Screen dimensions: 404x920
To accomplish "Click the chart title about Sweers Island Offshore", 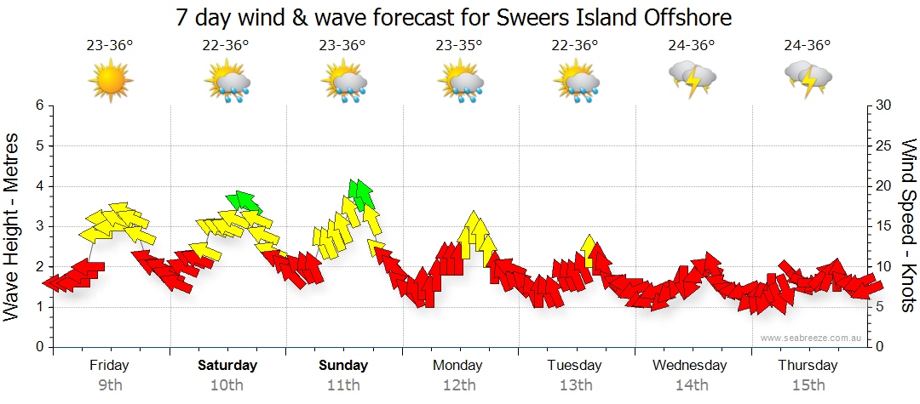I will (454, 16).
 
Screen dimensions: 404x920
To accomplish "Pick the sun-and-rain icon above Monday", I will (460, 82).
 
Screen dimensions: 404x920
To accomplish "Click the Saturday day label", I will (227, 366).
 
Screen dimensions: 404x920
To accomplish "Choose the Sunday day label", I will (343, 366).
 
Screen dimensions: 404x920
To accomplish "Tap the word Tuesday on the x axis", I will (575, 366).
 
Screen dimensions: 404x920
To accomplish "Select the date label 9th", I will (110, 385).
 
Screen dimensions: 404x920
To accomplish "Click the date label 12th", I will (459, 385).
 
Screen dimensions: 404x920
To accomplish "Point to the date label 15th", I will (808, 385).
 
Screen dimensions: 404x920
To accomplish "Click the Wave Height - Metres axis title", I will (14, 225).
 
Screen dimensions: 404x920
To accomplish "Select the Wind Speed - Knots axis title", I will (906, 225).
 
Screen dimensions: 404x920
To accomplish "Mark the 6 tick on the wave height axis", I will (39, 105).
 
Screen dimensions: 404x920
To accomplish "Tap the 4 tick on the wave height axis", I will (39, 186).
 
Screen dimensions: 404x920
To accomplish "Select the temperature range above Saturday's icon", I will (226, 46).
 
